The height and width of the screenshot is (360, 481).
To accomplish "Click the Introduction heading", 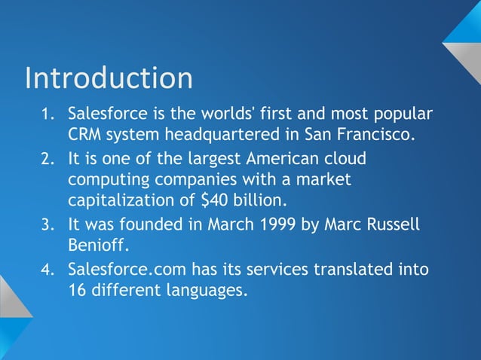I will (109, 78).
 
